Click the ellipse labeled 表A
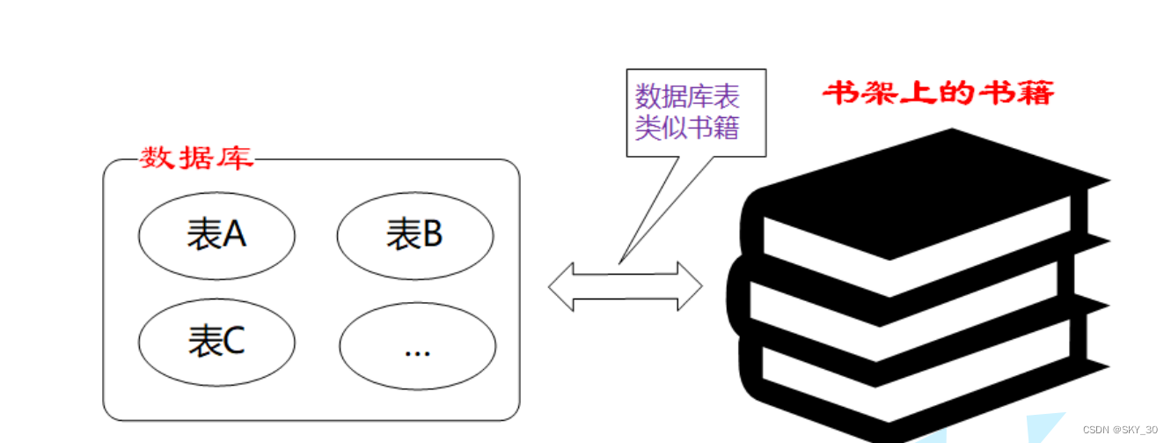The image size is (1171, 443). (216, 234)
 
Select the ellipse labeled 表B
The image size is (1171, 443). (415, 234)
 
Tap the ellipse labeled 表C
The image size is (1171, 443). (216, 343)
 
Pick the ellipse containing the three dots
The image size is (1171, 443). (417, 345)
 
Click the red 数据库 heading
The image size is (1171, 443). (197, 159)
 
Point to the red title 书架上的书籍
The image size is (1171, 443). (938, 92)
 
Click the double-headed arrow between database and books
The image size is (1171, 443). (626, 286)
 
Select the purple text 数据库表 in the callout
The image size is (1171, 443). (688, 95)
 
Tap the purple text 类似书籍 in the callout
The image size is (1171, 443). (688, 128)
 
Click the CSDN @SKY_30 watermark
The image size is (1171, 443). (1119, 430)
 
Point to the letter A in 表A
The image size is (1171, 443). (234, 234)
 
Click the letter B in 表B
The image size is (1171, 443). (432, 234)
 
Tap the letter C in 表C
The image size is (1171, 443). (233, 343)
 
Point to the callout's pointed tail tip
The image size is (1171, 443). (619, 262)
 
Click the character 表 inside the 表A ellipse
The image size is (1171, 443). (204, 234)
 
